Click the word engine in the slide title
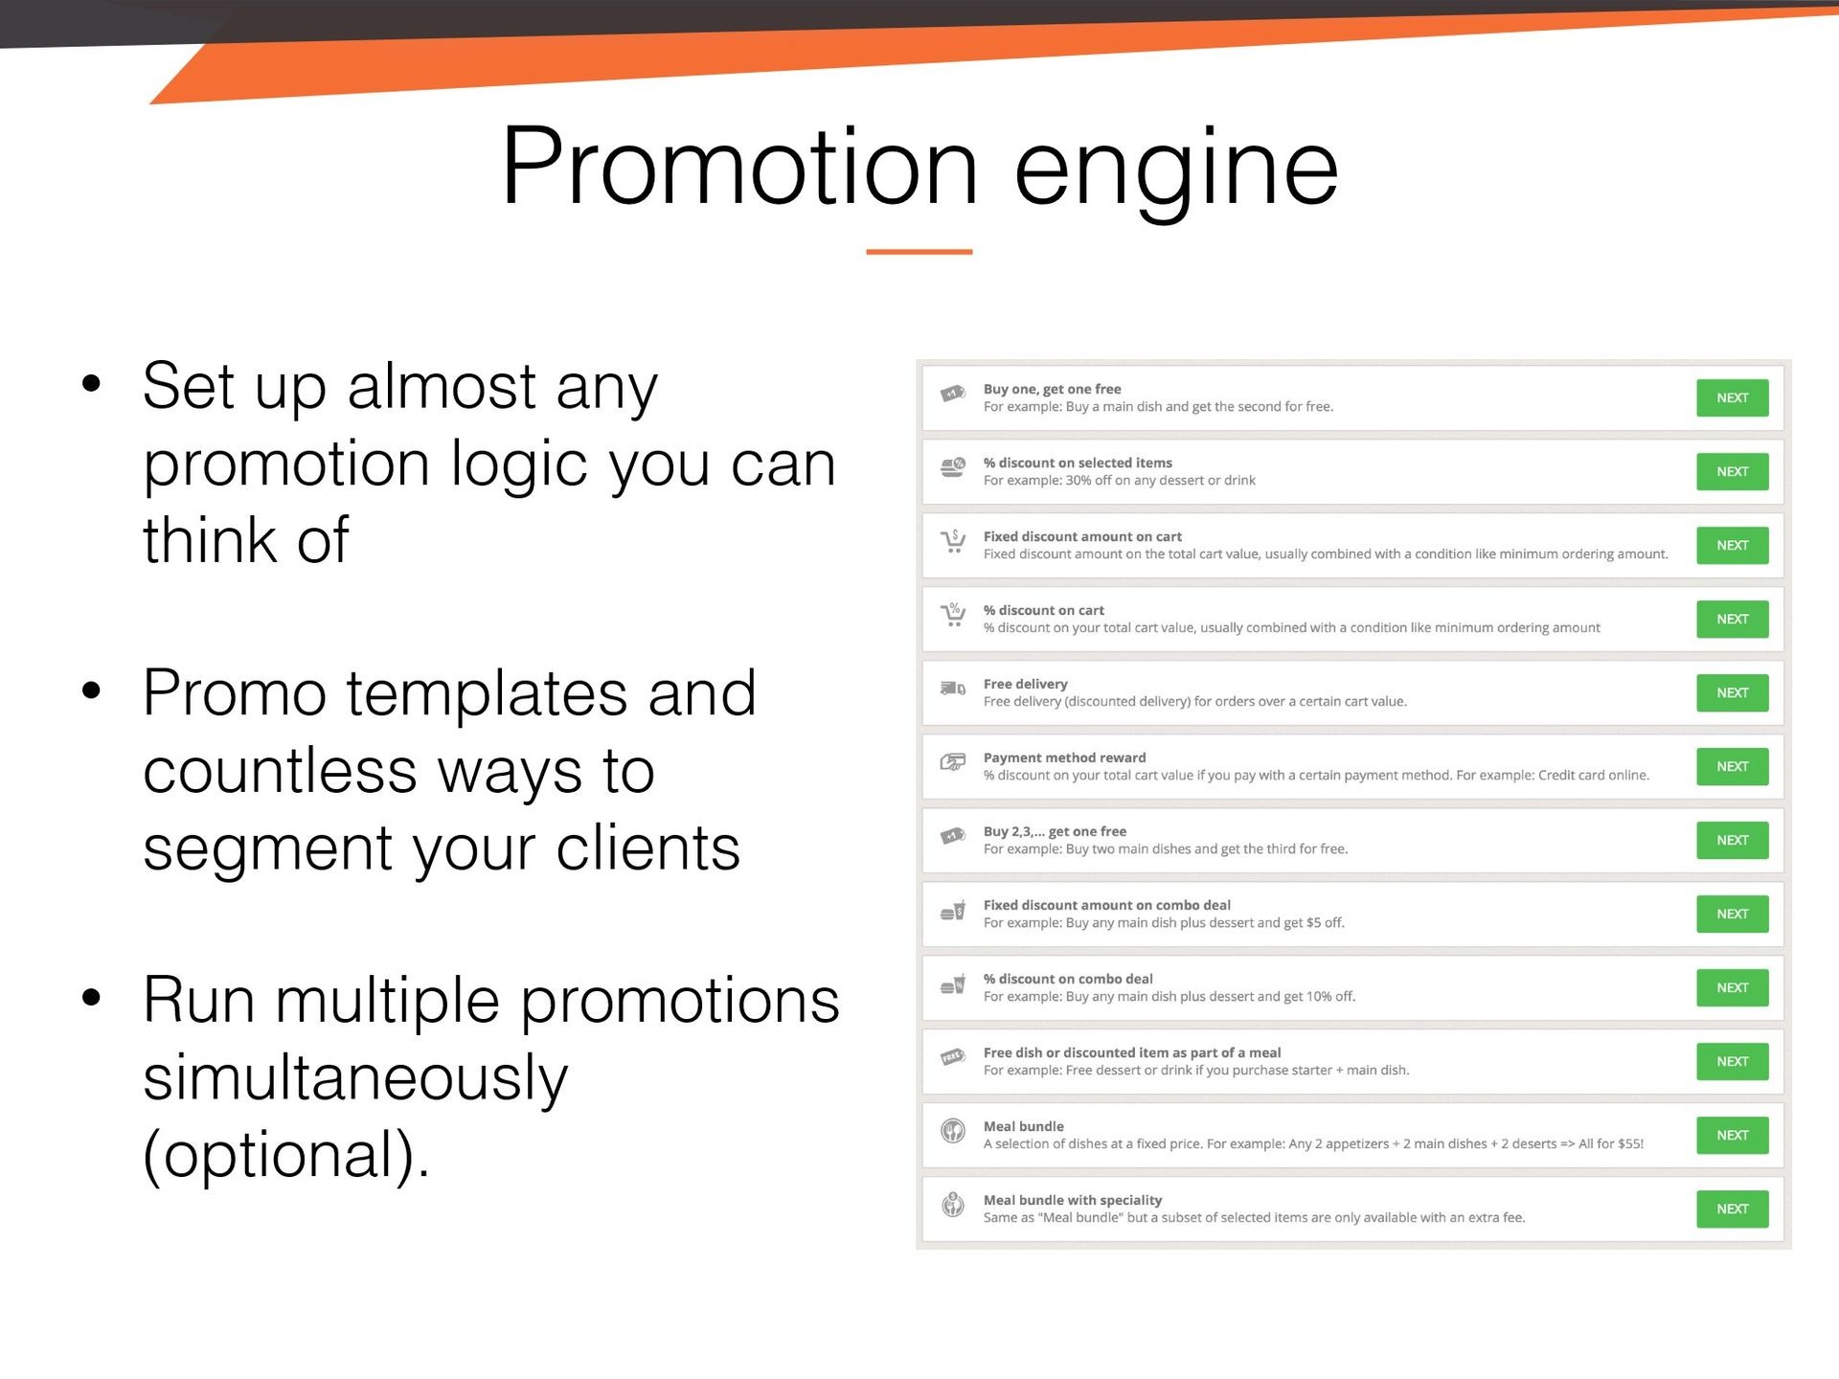point(1176,175)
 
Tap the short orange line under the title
point(919,252)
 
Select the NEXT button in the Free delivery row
point(1732,692)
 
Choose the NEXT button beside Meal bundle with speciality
point(1732,1209)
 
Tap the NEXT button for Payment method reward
point(1732,766)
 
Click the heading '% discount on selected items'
point(1078,463)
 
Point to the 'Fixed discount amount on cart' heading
point(1082,536)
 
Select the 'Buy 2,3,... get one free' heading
point(1055,831)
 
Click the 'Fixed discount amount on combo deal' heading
point(1106,905)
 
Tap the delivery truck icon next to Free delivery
point(953,688)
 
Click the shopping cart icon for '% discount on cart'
point(953,615)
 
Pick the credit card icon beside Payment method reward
point(953,762)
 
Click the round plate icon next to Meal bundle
point(953,1131)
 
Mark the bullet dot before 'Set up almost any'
point(92,384)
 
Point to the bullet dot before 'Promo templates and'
point(92,690)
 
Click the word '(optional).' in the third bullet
point(286,1155)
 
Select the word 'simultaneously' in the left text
point(355,1077)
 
